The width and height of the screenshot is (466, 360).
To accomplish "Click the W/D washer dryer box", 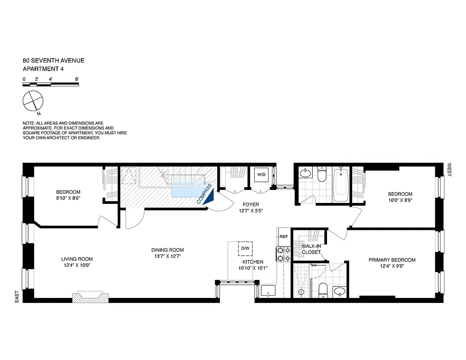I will point(261,175).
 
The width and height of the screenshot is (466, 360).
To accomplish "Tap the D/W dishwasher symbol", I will point(245,248).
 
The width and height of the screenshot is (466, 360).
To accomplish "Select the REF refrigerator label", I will point(283,236).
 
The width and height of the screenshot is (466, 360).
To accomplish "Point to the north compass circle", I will point(33,100).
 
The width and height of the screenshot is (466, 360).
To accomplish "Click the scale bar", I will point(51,84).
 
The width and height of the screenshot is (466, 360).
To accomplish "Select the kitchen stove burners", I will point(283,254).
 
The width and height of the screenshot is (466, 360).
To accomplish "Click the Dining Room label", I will point(167,250).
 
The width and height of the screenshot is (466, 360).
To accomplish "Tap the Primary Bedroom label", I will point(392,260).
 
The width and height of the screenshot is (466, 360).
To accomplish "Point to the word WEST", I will point(448,169).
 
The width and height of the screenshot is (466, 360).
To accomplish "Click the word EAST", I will point(17,296).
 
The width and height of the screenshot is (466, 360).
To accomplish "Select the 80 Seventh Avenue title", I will point(54,60).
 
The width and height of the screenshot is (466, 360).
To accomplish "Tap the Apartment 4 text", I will point(43,69).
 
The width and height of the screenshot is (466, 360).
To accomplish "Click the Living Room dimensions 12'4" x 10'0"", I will point(77,265).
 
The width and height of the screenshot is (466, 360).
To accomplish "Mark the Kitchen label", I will point(253,262).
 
